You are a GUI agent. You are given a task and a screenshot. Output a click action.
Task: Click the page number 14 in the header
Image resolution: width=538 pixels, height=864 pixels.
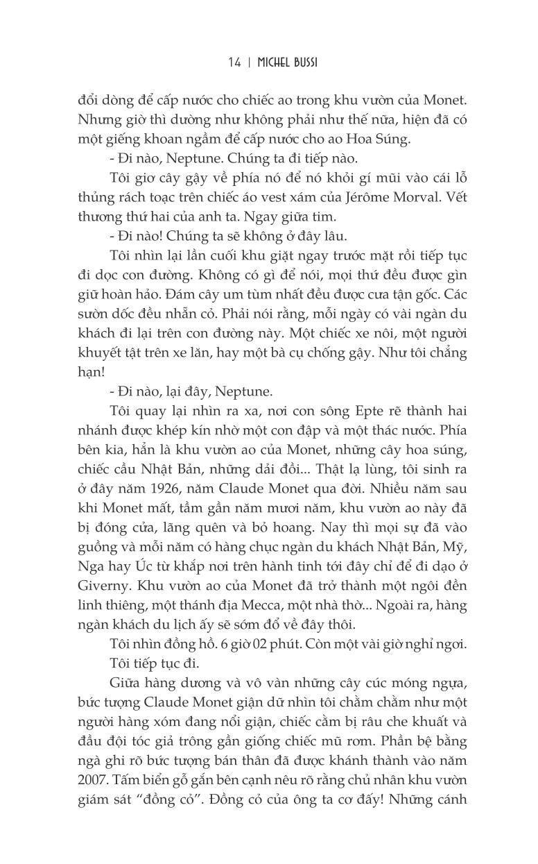pos(233,63)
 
